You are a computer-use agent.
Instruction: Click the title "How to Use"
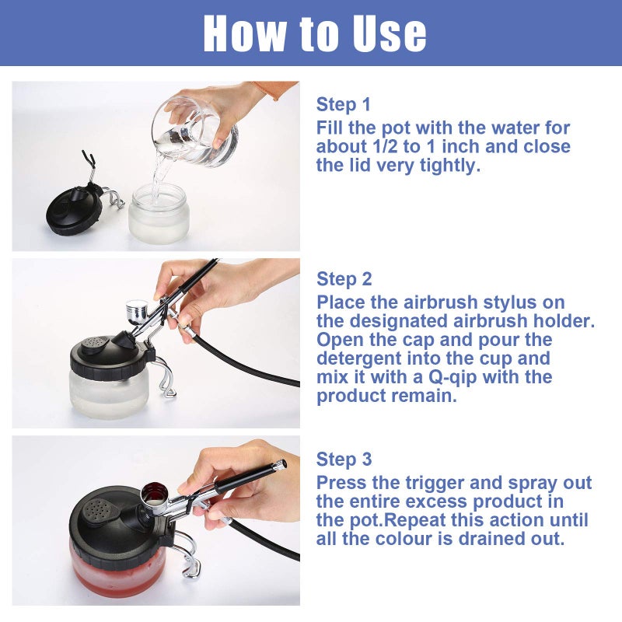tap(315, 33)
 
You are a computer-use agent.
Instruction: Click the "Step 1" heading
tap(344, 105)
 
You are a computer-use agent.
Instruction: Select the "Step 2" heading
tap(344, 279)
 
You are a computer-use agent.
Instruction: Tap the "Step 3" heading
tap(344, 460)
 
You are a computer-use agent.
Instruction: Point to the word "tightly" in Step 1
tap(447, 166)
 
